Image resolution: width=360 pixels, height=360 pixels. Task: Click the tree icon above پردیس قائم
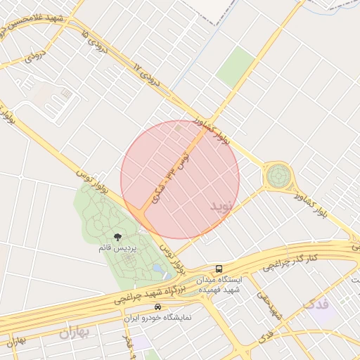pos(117,237)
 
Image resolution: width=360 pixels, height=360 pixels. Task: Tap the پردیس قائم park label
pos(117,248)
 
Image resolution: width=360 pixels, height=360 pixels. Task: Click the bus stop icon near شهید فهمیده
pos(219,269)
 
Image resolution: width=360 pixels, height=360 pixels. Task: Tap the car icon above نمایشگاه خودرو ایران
pos(157,307)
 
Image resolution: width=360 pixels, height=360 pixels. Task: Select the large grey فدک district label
pos(315,304)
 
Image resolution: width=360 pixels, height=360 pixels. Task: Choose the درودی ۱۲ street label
pos(147,75)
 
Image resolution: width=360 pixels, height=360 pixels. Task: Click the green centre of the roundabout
pos(278,175)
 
